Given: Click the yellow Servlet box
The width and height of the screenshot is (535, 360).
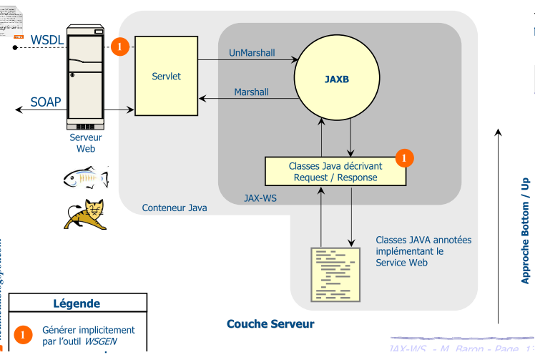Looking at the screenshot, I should (167, 76).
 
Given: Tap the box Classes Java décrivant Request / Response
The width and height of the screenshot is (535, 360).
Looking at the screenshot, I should (335, 172).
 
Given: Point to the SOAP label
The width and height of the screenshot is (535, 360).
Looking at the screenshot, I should (45, 102).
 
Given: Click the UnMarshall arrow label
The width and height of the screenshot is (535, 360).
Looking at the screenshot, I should (252, 53).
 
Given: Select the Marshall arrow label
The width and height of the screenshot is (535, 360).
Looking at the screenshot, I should (252, 92).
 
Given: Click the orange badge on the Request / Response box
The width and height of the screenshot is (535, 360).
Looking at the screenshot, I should (405, 157).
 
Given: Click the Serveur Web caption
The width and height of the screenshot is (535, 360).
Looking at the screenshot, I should (85, 143).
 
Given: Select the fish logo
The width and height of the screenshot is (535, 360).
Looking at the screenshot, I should (85, 178).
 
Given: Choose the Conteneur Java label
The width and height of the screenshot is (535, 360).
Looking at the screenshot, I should (175, 208).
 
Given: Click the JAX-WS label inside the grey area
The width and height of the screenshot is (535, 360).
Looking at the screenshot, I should (260, 198).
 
